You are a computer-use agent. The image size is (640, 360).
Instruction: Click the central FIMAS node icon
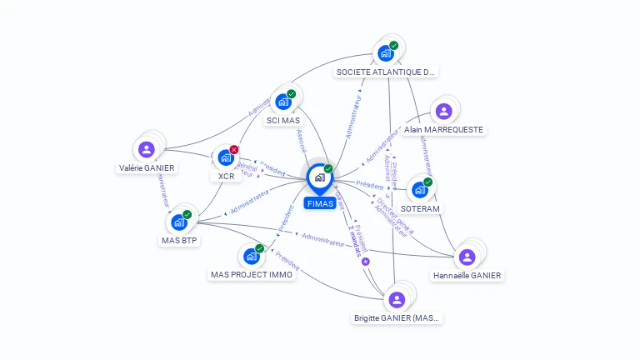pyautogui.click(x=319, y=177)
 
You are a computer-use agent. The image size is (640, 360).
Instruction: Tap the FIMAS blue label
pyautogui.click(x=320, y=203)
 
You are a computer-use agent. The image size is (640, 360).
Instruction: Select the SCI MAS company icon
pyautogui.click(x=282, y=102)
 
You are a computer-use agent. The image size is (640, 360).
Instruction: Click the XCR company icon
pyautogui.click(x=225, y=157)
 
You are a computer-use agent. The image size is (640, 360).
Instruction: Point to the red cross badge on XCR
pyautogui.click(x=234, y=149)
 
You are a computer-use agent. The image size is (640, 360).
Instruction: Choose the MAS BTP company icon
pyautogui.click(x=178, y=222)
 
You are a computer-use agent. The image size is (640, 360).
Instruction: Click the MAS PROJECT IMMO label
pyautogui.click(x=252, y=275)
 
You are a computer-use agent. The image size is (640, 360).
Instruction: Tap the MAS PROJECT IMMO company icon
pyautogui.click(x=251, y=257)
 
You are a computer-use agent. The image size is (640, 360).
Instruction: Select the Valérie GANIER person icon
pyautogui.click(x=147, y=149)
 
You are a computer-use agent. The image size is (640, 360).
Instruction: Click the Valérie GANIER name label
pyautogui.click(x=147, y=167)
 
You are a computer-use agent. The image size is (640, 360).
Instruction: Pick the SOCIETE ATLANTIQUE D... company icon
pyautogui.click(x=385, y=53)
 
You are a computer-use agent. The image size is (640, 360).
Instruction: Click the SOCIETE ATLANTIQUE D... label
pyautogui.click(x=385, y=72)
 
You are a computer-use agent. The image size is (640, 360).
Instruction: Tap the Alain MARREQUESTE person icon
pyautogui.click(x=443, y=111)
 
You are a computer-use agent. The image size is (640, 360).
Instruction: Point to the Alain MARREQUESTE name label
pyautogui.click(x=443, y=130)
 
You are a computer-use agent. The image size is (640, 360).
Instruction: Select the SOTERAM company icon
pyautogui.click(x=419, y=190)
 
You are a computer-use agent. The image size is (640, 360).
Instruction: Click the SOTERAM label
pyautogui.click(x=420, y=208)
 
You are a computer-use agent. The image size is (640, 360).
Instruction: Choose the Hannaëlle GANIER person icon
pyautogui.click(x=467, y=256)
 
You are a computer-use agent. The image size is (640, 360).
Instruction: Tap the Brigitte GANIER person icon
pyautogui.click(x=397, y=299)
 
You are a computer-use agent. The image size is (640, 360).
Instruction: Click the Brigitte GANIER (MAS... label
pyautogui.click(x=396, y=318)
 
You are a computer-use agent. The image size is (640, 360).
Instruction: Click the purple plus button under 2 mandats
pyautogui.click(x=365, y=262)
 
